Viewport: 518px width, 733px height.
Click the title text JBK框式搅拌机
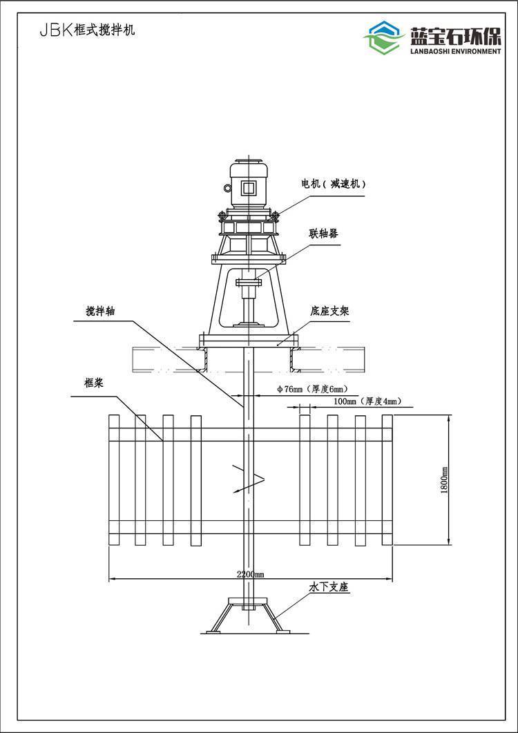87,31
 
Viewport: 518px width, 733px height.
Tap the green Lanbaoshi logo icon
384,37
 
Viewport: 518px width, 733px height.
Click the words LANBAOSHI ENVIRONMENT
455,51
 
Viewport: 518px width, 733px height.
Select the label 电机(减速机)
333,184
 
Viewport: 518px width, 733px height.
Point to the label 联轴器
323,233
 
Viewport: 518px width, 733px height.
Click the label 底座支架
329,311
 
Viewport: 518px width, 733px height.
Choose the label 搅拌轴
101,312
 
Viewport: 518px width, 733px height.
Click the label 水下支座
329,587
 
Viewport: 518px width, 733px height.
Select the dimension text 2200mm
250,575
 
